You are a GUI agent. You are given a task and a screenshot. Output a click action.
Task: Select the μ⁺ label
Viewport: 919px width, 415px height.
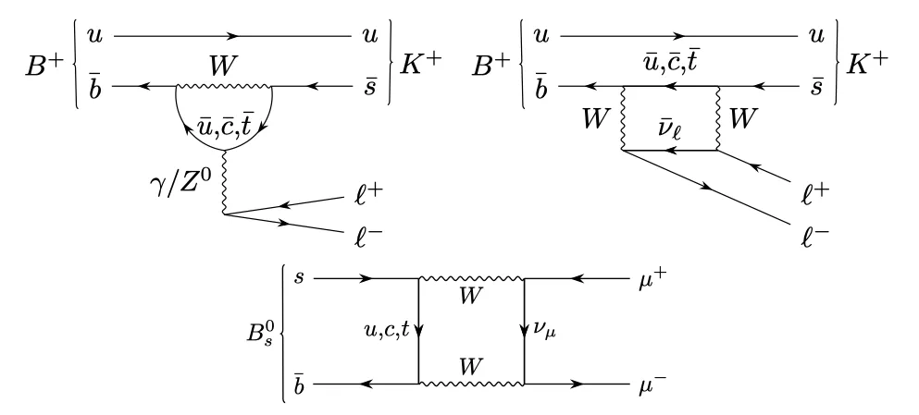652,281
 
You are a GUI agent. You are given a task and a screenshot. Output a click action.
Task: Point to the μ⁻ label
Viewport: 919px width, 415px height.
652,386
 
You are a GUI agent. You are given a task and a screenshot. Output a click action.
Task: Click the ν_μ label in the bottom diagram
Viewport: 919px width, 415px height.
544,332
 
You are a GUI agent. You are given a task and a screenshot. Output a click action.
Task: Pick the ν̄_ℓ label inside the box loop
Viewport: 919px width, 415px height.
669,126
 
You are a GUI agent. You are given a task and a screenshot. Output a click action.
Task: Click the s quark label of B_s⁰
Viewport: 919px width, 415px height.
300,277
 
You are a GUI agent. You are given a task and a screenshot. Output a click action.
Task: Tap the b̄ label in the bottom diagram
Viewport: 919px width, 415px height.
299,384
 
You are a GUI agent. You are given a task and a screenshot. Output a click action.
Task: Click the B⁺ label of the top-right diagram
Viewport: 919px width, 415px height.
491,66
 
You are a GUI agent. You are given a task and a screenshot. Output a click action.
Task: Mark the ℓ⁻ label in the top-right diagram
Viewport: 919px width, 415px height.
814,237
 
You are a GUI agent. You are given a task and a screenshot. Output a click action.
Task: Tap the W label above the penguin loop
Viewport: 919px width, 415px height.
223,67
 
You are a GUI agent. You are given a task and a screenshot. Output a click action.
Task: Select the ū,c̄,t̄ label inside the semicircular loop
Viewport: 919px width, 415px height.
225,125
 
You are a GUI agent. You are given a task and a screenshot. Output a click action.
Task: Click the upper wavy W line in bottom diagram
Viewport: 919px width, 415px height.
471,278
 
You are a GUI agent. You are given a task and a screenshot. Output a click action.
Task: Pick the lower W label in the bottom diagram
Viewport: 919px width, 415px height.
471,367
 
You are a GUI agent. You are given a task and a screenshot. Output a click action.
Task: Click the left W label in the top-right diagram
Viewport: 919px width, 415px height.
597,119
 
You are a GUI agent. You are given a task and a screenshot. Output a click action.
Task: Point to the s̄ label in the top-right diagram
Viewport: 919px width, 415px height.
816,87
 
